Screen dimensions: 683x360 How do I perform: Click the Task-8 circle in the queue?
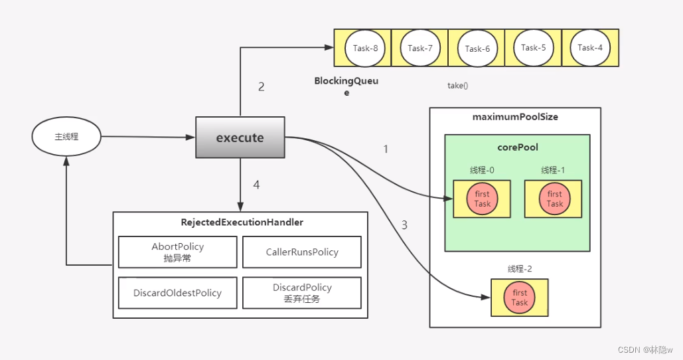click(x=365, y=48)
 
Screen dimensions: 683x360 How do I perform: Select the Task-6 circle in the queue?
click(x=477, y=48)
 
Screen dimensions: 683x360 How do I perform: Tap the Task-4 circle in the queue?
click(x=590, y=48)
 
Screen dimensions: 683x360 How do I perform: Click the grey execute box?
click(x=240, y=137)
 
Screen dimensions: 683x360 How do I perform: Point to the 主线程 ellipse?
click(x=66, y=136)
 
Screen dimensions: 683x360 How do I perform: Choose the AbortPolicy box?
click(x=178, y=252)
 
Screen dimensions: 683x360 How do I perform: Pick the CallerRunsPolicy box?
click(x=302, y=252)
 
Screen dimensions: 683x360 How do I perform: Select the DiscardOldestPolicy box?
click(x=178, y=293)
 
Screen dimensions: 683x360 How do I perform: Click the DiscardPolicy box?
click(x=302, y=293)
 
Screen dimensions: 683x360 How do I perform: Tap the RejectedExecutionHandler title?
click(x=242, y=223)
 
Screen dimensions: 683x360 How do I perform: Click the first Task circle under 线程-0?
click(x=482, y=199)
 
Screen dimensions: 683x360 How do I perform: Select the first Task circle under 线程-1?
click(x=554, y=199)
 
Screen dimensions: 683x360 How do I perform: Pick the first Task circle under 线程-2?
click(x=519, y=298)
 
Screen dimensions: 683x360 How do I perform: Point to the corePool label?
click(x=518, y=147)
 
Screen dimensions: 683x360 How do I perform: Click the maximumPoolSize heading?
click(x=515, y=117)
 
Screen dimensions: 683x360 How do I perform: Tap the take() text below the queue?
click(x=458, y=86)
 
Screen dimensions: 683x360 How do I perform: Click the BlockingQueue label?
click(x=346, y=86)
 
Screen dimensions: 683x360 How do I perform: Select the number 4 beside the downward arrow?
click(x=257, y=185)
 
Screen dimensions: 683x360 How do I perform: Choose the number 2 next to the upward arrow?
click(x=262, y=87)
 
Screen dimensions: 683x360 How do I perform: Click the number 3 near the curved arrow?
click(x=404, y=225)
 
